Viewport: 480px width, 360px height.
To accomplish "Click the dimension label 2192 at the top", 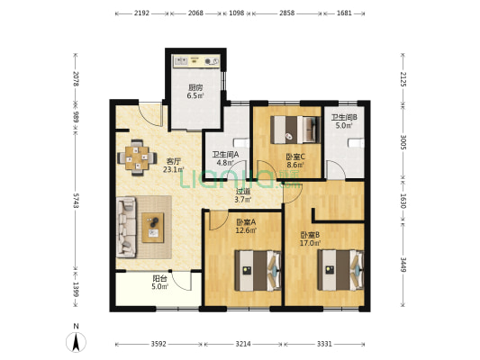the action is tap(141, 13).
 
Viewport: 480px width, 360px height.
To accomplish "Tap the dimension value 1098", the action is tap(237, 13).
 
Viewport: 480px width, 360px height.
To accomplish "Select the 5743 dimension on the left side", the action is tap(76, 201).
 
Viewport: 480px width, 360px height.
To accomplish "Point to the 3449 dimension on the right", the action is tap(403, 265).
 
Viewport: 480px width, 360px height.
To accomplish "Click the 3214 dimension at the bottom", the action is tap(243, 344).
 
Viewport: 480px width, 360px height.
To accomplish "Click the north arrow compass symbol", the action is tap(76, 339).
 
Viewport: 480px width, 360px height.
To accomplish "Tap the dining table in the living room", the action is tap(137, 157).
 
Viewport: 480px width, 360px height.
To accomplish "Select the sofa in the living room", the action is tap(126, 227).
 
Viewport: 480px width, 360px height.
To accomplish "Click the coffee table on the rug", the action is tap(153, 228).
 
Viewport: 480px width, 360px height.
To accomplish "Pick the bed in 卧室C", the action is tap(295, 130).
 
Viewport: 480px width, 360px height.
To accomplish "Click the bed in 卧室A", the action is tap(258, 270).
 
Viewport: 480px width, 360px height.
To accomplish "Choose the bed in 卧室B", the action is tap(340, 270).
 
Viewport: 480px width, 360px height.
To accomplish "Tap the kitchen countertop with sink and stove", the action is tap(196, 61).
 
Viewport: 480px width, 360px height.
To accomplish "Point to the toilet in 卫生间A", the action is tap(242, 143).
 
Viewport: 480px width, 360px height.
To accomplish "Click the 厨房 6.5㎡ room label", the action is tap(195, 92).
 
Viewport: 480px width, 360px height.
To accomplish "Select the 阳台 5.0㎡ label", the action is tap(160, 283).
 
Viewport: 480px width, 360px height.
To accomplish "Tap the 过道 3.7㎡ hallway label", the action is tap(243, 196).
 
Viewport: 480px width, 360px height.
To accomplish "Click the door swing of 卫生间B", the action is tap(336, 170).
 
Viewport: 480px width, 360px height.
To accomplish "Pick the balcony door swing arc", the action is tap(182, 281).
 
